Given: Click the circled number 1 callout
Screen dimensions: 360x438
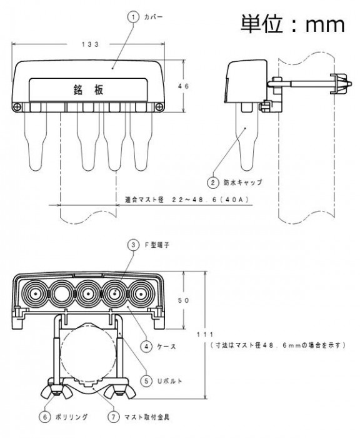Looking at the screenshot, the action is click(133, 18).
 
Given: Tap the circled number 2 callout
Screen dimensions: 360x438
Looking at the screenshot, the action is click(212, 183).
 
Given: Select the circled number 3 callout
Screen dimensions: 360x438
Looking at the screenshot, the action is click(133, 245).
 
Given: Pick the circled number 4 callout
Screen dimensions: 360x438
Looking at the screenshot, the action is click(146, 347).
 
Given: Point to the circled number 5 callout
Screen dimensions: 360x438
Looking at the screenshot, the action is click(146, 380).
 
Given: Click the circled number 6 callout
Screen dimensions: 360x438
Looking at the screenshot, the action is click(44, 417).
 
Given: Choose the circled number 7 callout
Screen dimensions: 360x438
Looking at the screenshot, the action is click(113, 417).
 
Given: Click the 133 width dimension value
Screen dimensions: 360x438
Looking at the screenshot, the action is click(90, 44).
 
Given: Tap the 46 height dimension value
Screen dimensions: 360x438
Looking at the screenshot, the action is click(184, 86).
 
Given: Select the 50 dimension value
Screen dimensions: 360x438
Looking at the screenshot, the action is click(184, 300).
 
